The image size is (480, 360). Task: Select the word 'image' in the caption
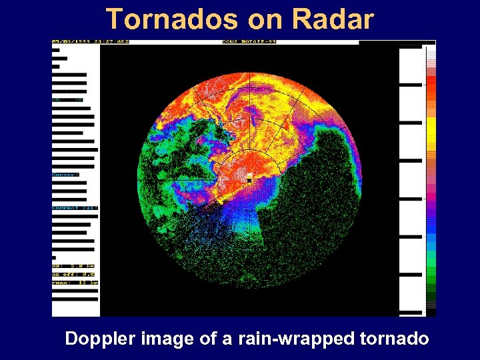point(171,339)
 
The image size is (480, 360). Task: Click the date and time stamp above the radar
point(91,42)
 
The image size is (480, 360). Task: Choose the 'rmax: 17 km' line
point(75,282)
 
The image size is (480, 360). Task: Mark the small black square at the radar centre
point(249,180)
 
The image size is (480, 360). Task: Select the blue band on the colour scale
point(431,230)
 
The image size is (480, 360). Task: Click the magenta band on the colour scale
point(431,193)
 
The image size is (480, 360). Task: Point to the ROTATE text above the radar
point(241,42)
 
